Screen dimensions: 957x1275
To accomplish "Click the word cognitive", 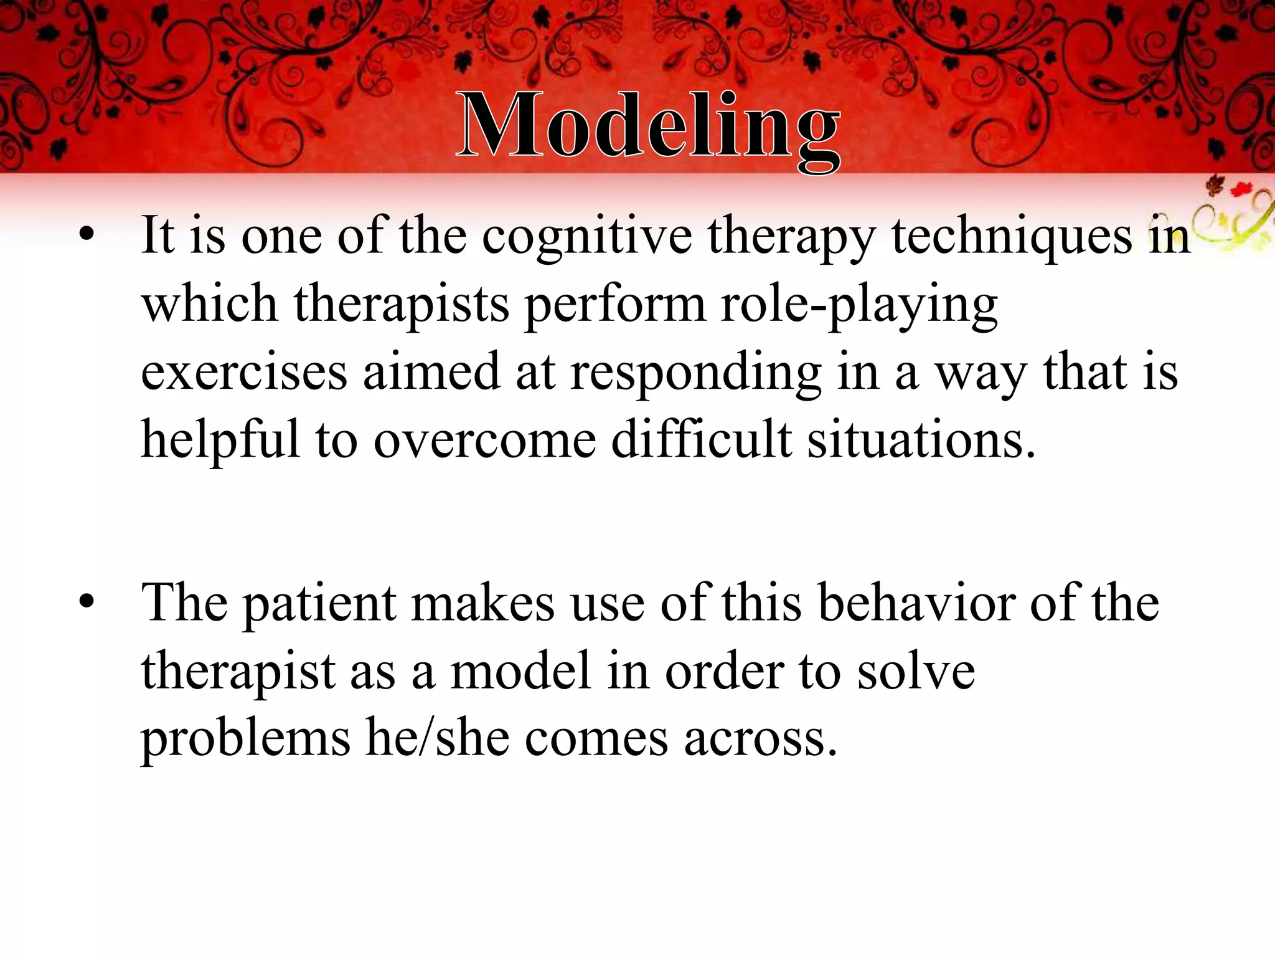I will [x=586, y=237].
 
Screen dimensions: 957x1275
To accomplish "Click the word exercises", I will [x=243, y=373].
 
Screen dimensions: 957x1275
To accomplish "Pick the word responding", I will [x=695, y=373].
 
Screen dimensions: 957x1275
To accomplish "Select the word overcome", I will [x=485, y=440].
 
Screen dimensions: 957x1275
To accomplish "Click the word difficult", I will [x=702, y=440].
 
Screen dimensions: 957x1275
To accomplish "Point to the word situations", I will [x=921, y=440].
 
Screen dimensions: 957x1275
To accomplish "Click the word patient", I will [x=319, y=604].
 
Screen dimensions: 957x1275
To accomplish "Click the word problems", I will [x=246, y=740].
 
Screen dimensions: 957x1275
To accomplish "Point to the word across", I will [x=760, y=740].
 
